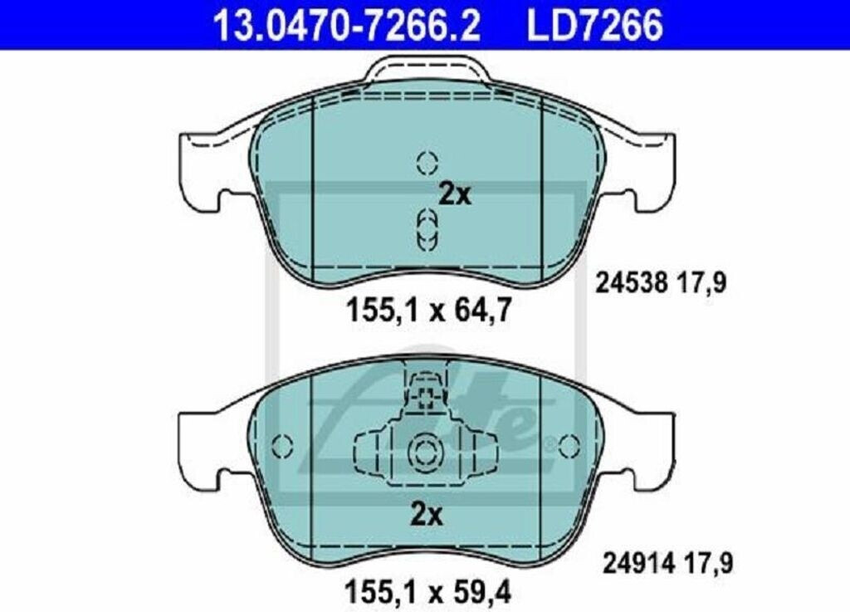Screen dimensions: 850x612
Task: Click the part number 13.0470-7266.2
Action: pyautogui.click(x=347, y=26)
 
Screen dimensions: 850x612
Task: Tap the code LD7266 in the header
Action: pyautogui.click(x=594, y=26)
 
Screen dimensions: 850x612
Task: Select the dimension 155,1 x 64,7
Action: pyautogui.click(x=428, y=311)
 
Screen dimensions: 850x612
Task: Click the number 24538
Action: pyautogui.click(x=631, y=283)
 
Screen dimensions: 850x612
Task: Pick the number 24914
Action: pyautogui.click(x=639, y=563)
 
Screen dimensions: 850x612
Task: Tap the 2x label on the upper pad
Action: pyautogui.click(x=455, y=194)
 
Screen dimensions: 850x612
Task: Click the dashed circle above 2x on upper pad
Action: pyautogui.click(x=427, y=162)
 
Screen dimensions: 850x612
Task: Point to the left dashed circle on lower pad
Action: pyautogui.click(x=282, y=447)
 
